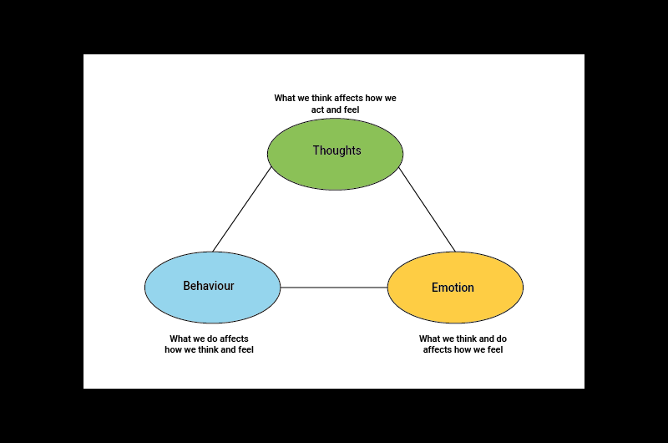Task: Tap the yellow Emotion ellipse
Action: pos(455,306)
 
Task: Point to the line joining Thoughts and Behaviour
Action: pos(242,209)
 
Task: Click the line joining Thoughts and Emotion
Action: pos(427,209)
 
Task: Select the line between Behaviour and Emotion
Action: pos(334,288)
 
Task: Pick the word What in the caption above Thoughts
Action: pos(285,98)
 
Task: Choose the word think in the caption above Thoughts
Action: pos(321,98)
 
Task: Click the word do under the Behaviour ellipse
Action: pos(213,339)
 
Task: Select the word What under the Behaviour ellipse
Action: pos(180,339)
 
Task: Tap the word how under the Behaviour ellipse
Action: pos(173,350)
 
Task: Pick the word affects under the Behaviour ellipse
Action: pos(235,339)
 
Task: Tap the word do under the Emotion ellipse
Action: pos(501,339)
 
